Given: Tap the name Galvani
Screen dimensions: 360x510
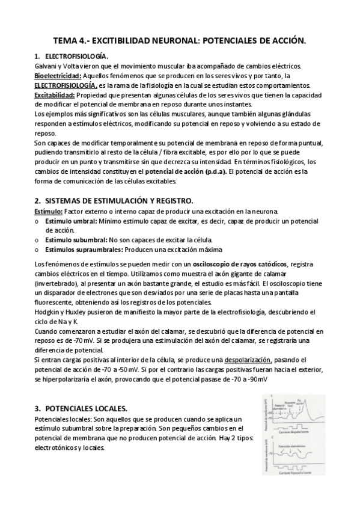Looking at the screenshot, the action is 45,66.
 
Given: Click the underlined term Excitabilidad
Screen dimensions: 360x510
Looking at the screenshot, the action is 54,94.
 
